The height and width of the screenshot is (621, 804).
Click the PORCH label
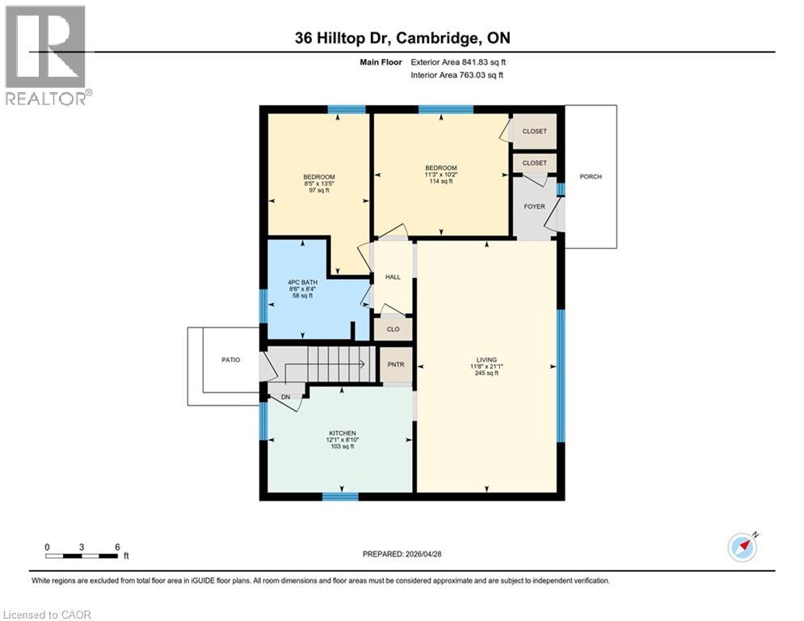(x=591, y=176)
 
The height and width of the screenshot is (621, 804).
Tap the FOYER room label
(x=534, y=206)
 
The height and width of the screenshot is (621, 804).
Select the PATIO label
(x=231, y=360)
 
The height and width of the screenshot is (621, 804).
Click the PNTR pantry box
(x=396, y=365)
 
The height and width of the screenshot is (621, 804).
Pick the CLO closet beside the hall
(x=393, y=329)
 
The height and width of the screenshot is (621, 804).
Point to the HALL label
(x=393, y=277)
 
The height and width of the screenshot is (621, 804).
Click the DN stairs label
(x=286, y=396)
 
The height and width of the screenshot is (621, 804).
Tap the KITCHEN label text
(x=343, y=433)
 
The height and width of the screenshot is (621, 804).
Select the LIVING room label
(x=486, y=360)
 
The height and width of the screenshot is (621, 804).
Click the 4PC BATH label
(x=303, y=282)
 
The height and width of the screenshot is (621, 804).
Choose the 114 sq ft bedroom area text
(x=440, y=181)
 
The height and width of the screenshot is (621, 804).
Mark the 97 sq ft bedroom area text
(x=319, y=191)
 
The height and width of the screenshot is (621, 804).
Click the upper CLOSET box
(x=534, y=131)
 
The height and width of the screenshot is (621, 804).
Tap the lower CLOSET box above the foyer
(x=534, y=163)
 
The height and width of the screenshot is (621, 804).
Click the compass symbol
(x=742, y=547)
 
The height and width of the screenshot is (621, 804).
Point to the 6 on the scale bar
(x=118, y=547)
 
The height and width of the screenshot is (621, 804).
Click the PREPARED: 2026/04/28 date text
(x=404, y=554)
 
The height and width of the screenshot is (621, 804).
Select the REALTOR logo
(x=47, y=55)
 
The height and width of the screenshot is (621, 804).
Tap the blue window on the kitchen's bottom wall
(x=340, y=496)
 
